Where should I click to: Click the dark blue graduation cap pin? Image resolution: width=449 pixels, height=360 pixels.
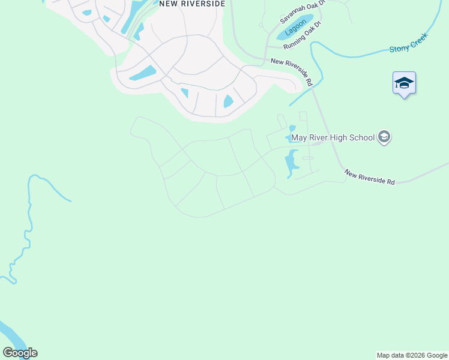point(404,83)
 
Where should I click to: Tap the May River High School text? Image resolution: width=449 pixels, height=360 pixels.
point(333,138)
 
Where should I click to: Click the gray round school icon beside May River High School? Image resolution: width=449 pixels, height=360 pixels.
point(384,137)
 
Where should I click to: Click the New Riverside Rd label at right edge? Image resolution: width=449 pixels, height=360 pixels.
point(369,177)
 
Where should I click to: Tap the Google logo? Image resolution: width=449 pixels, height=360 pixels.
point(20,353)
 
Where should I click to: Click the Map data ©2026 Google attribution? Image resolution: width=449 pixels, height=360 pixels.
point(412,355)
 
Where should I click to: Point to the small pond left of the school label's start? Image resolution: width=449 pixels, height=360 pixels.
point(292,128)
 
